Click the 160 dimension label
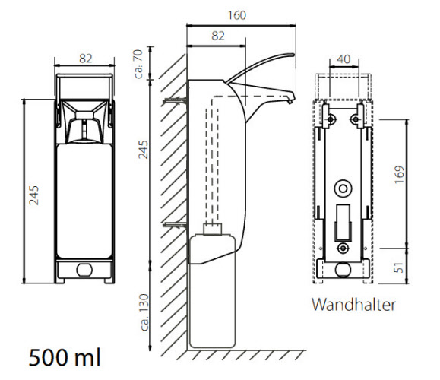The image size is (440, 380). [x=237, y=15]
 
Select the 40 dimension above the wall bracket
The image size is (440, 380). [x=343, y=59]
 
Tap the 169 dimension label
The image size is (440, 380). [x=399, y=175]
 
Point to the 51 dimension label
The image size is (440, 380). [x=398, y=268]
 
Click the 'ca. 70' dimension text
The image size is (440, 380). [x=138, y=64]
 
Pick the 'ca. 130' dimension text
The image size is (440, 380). [x=144, y=312]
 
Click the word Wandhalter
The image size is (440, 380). [x=353, y=305]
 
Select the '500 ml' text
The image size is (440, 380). [x=65, y=357]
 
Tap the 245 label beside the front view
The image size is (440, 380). [x=33, y=195]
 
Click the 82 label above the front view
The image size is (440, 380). [x=86, y=59]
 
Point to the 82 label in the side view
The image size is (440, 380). [x=218, y=36]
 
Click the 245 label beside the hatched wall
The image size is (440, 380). [x=143, y=150]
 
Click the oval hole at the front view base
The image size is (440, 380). [x=84, y=270]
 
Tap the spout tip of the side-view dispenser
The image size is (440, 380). [x=291, y=101]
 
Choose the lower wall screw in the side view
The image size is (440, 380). [x=175, y=225]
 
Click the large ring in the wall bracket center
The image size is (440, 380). [x=343, y=188]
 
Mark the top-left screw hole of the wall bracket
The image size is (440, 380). [x=331, y=119]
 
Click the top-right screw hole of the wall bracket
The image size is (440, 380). [x=355, y=119]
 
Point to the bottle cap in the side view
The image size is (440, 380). [x=213, y=229]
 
